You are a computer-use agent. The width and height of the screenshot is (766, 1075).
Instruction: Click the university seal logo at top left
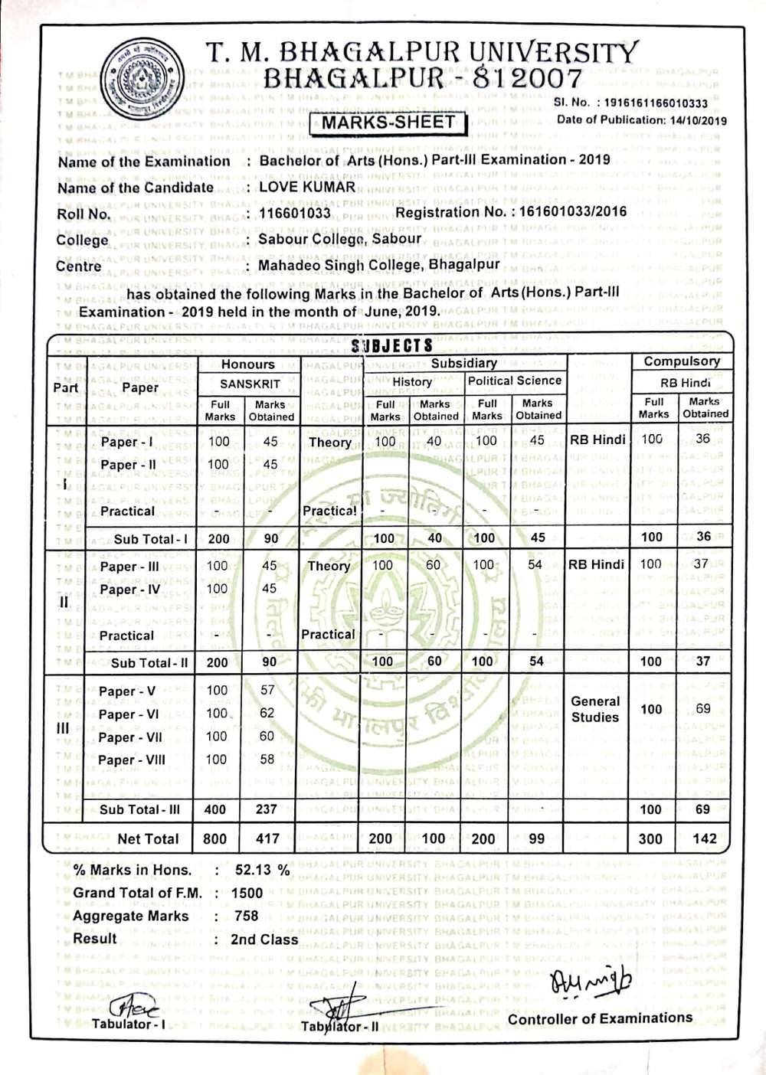143,78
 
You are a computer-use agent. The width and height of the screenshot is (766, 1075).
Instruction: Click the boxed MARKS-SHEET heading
388,123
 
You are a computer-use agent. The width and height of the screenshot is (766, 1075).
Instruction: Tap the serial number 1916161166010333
656,103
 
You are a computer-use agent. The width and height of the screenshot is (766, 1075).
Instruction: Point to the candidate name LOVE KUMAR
307,187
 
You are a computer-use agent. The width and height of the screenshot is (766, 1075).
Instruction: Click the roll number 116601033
295,213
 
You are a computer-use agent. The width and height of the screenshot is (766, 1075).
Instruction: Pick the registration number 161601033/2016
572,211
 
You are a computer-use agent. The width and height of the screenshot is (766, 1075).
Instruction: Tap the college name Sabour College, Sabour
339,239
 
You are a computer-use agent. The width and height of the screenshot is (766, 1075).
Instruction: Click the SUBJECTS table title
391,345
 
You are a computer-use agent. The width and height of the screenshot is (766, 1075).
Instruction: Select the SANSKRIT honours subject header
250,384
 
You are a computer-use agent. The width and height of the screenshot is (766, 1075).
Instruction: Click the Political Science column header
515,381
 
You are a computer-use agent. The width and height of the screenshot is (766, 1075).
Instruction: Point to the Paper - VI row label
129,714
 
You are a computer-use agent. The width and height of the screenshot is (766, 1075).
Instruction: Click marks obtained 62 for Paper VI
267,713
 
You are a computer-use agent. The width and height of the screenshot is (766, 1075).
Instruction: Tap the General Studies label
595,709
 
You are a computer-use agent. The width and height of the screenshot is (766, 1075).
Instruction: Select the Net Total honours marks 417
267,838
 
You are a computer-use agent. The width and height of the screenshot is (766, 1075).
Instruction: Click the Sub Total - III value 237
266,809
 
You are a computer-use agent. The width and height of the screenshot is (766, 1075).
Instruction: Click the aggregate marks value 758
247,916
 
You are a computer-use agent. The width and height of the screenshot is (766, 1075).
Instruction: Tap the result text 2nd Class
264,939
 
